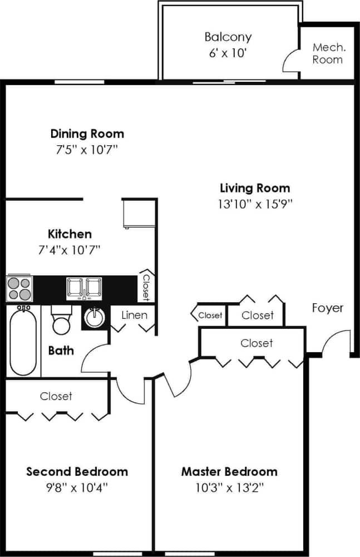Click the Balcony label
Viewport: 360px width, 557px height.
(228, 37)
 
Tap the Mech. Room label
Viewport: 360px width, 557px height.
(328, 53)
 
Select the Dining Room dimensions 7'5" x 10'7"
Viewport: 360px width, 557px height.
(87, 150)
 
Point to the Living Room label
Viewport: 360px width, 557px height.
(255, 188)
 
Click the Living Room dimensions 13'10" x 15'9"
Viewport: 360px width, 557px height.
(255, 204)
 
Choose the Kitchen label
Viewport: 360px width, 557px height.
(70, 234)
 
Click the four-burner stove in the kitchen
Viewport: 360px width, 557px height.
(20, 288)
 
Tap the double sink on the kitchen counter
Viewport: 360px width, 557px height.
(84, 288)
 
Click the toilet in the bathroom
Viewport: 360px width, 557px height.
(61, 321)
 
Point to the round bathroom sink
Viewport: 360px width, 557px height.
(94, 318)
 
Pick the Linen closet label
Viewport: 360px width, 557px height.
(134, 316)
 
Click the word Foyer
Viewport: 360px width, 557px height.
(327, 308)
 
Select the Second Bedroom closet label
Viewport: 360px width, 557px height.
(56, 396)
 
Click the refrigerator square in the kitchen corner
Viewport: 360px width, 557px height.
(137, 213)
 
